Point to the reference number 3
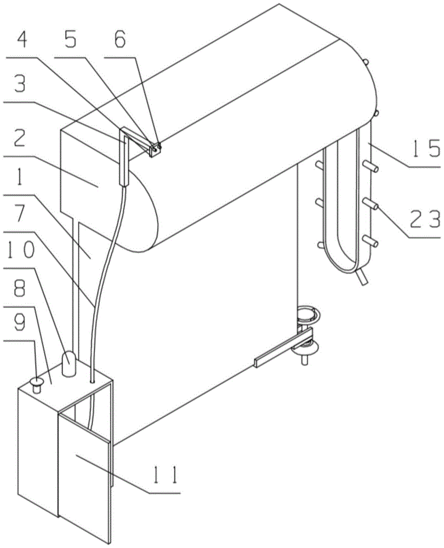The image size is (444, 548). [x=19, y=85]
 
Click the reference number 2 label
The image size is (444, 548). [x=20, y=140]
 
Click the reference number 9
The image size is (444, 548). [x=20, y=324]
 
